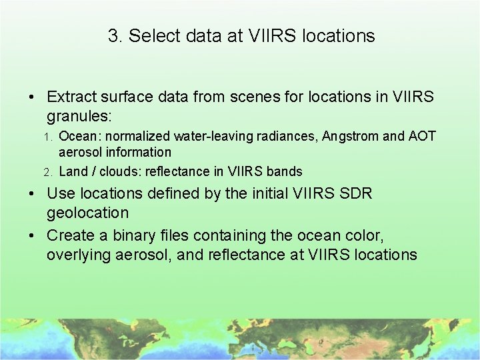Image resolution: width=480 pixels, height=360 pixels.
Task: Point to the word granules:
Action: tap(79, 116)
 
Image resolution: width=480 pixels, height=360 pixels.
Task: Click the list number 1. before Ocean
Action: tap(48, 137)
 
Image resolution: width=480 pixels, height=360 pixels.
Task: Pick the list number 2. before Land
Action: tap(48, 172)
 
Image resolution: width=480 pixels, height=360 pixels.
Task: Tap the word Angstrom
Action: tap(349, 137)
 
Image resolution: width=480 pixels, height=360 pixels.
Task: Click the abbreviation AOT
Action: tap(422, 137)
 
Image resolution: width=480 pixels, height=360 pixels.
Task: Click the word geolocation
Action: tap(87, 213)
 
